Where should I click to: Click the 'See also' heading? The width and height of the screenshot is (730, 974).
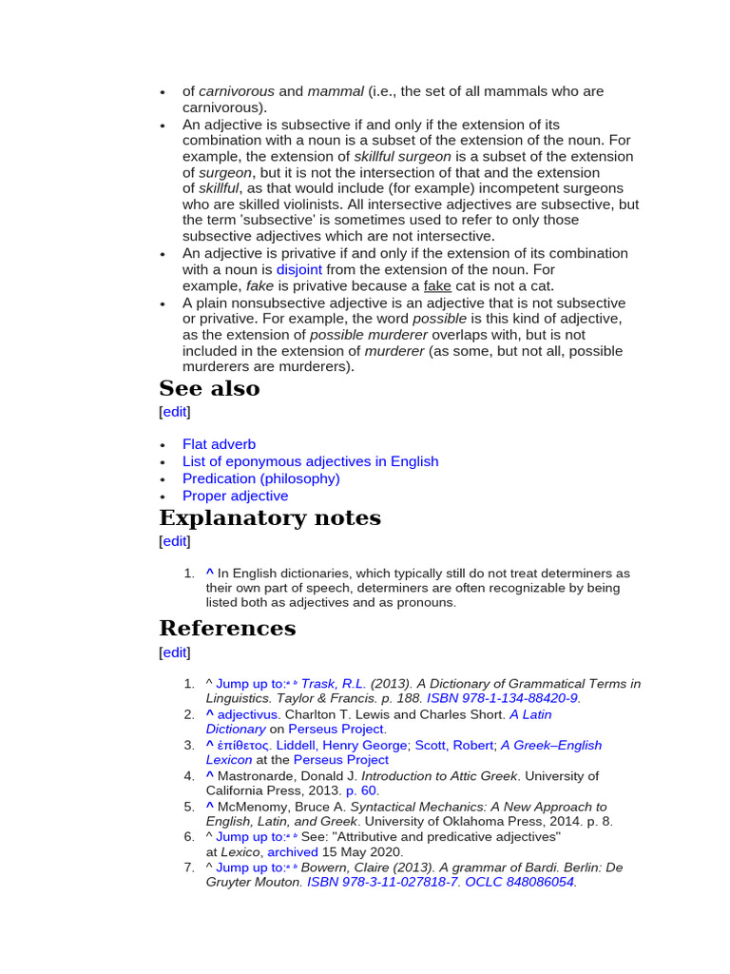(x=209, y=389)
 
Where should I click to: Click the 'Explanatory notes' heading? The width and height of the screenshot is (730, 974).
(x=270, y=518)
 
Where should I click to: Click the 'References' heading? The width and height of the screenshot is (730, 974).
(x=227, y=629)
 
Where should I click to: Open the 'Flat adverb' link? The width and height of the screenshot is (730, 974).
(x=219, y=444)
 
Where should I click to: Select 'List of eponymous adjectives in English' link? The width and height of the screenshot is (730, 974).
(x=310, y=461)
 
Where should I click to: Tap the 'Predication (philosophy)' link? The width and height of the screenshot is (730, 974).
(x=260, y=478)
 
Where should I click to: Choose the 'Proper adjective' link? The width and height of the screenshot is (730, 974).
(x=235, y=496)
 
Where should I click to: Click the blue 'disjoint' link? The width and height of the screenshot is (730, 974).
(x=299, y=269)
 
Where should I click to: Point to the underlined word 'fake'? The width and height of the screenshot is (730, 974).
(x=437, y=285)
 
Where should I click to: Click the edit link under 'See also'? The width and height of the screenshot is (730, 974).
(x=174, y=412)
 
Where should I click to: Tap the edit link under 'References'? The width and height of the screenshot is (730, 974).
(x=174, y=653)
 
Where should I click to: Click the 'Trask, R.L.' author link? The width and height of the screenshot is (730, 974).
(x=333, y=683)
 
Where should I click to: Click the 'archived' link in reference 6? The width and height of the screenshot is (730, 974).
(x=292, y=852)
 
